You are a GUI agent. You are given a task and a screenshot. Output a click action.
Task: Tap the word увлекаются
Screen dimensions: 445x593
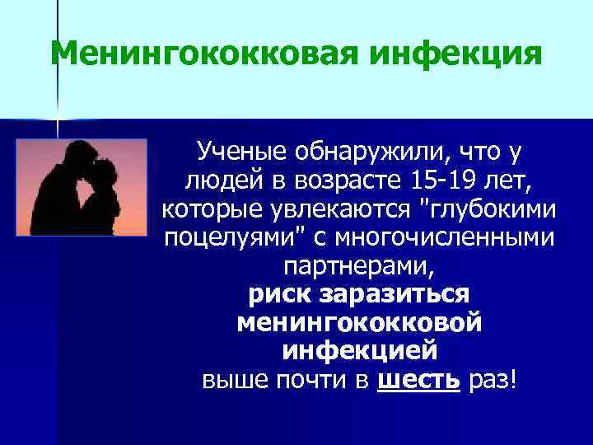(344, 209)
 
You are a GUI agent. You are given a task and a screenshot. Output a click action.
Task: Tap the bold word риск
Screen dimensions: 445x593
(282, 295)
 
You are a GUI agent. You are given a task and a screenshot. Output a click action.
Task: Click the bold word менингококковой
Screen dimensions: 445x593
(359, 323)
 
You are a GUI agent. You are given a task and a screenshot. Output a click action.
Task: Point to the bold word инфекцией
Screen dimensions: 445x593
(359, 352)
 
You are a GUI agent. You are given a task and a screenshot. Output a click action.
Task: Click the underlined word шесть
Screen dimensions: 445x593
(418, 381)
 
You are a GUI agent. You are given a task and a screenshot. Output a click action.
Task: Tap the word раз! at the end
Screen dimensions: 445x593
(492, 381)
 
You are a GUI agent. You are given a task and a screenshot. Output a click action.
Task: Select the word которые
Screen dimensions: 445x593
(206, 209)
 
